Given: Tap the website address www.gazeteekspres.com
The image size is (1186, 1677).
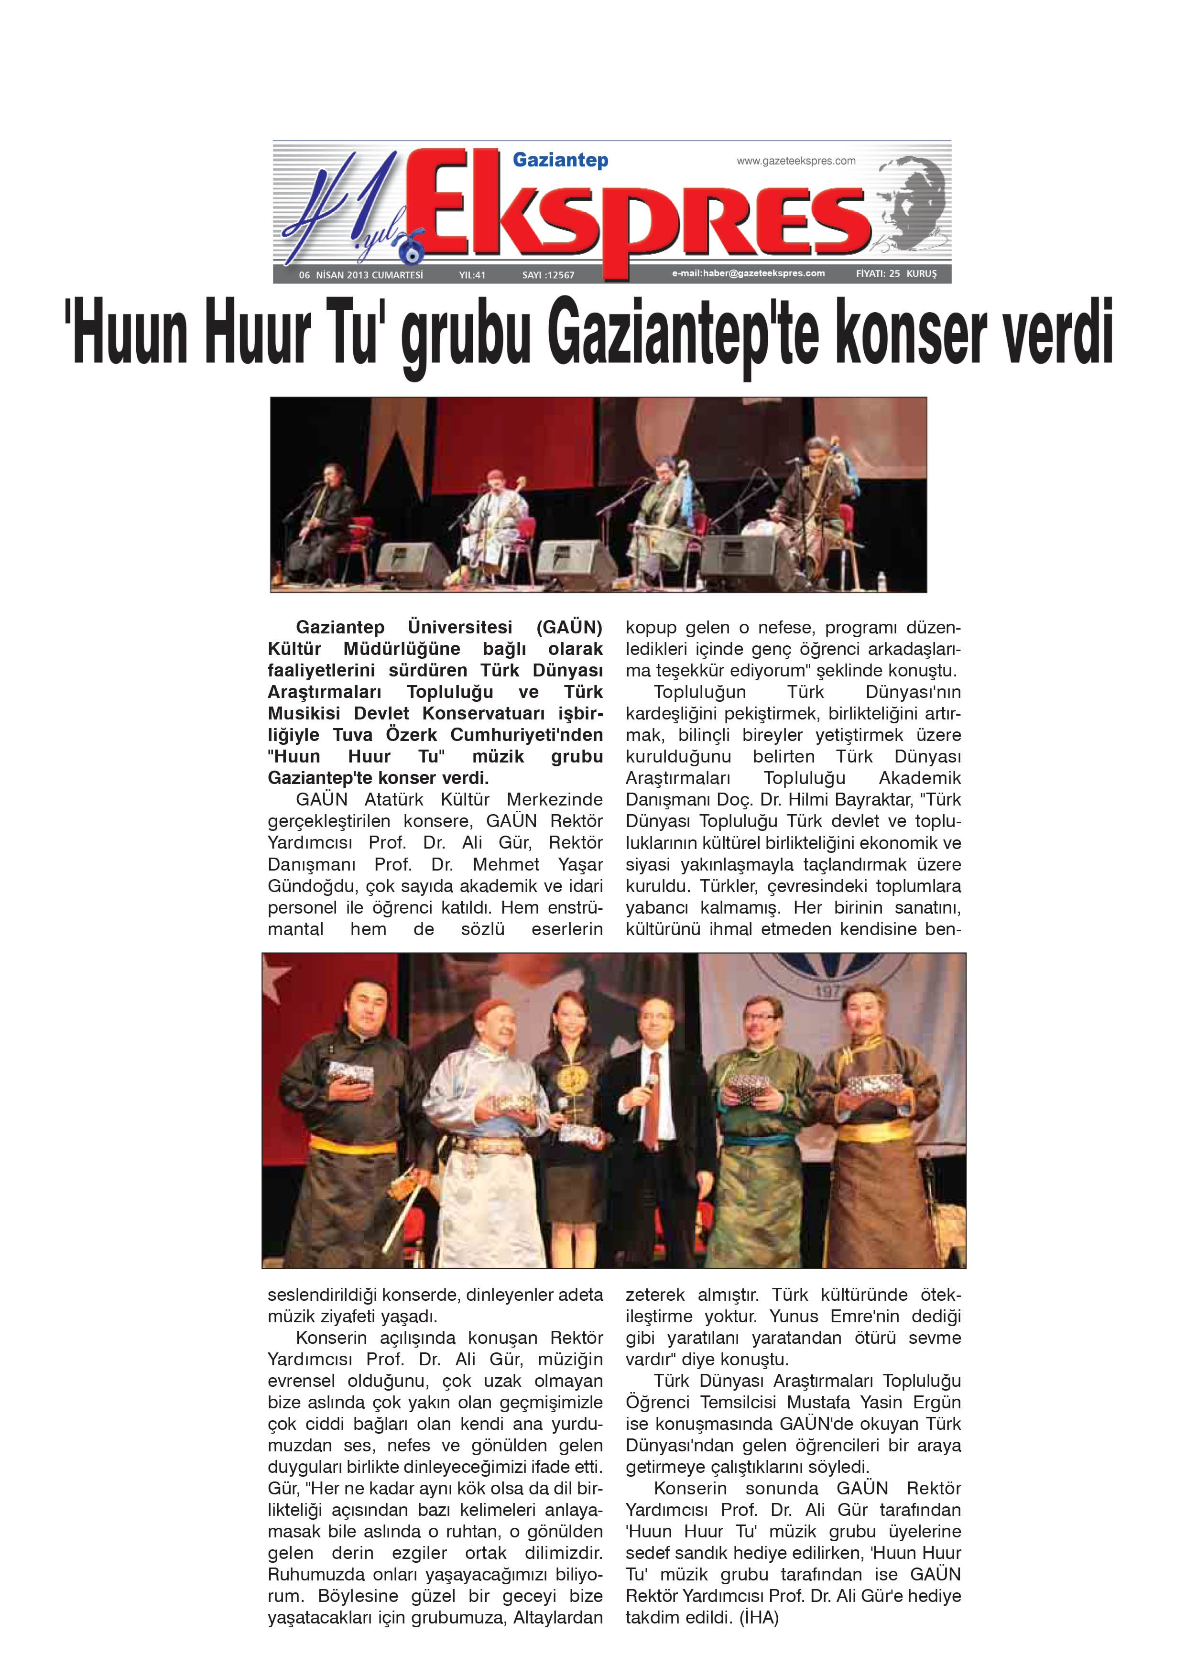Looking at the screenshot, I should click(x=795, y=161).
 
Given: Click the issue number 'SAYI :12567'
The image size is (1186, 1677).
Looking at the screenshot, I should click(x=548, y=274).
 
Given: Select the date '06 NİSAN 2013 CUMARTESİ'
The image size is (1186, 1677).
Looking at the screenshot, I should click(x=361, y=274).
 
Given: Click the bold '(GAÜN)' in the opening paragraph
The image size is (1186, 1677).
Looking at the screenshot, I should click(x=569, y=627).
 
